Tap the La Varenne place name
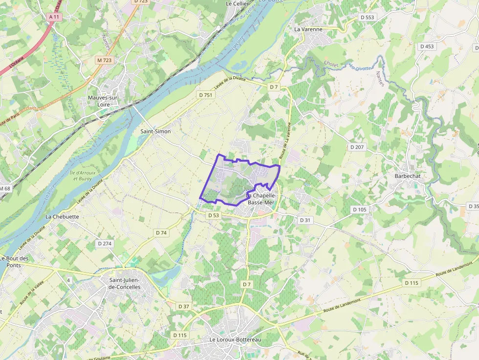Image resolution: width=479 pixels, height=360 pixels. [x=308, y=29]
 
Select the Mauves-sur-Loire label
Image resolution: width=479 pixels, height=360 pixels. [x=103, y=101]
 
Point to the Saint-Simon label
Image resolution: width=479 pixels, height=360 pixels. [x=155, y=132]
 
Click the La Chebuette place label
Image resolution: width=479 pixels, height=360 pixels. [x=62, y=216]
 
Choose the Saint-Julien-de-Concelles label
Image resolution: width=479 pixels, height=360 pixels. [x=124, y=283]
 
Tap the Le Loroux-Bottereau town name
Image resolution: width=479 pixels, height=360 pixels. [x=235, y=339]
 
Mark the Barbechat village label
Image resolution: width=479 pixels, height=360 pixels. [x=408, y=176]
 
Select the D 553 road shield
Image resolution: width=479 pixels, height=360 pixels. [x=367, y=17]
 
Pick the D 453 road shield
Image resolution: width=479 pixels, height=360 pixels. [x=427, y=46]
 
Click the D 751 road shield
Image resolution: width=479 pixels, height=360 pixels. [x=206, y=95]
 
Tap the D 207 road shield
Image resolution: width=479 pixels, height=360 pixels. [x=357, y=147]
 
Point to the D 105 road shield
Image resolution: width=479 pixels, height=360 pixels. [x=359, y=210]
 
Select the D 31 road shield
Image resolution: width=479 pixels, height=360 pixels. [x=305, y=220]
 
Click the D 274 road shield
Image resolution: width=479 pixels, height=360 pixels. [x=105, y=243]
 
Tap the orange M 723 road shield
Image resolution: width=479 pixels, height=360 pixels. [x=104, y=60]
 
